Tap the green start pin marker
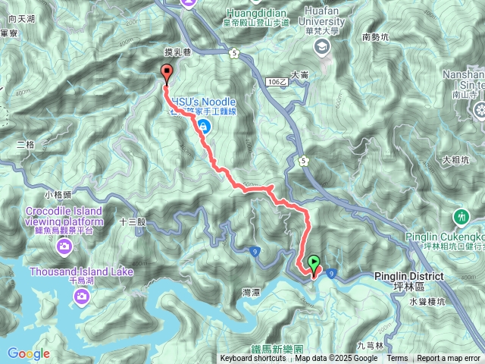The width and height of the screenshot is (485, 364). point(314,264)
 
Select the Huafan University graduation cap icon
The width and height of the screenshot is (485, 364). point(322,47)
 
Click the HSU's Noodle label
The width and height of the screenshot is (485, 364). point(203,101)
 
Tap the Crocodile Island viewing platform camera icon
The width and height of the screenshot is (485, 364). point(64,246)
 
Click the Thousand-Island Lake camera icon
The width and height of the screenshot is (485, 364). point(81,294)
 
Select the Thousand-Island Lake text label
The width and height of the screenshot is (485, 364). point(81,271)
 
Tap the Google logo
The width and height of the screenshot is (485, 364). point(29,353)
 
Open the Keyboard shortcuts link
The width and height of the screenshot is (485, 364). point(253,359)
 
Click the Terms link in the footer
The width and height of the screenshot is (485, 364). point(397,359)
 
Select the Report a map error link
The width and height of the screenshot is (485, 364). point(449,359)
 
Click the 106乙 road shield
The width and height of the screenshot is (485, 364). point(276,80)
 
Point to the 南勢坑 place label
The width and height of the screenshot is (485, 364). point(376,36)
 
